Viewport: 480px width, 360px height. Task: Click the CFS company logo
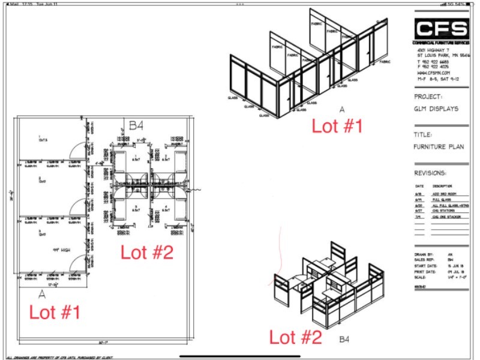pyautogui.click(x=441, y=29)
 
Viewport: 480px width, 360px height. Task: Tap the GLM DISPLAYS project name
pyautogui.click(x=436, y=109)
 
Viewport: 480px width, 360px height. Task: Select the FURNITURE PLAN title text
pyautogui.click(x=439, y=146)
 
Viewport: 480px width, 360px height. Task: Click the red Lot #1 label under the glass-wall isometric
pyautogui.click(x=337, y=127)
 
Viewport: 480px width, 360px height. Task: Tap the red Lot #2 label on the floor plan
pyautogui.click(x=147, y=252)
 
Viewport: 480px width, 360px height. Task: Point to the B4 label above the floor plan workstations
pyautogui.click(x=136, y=126)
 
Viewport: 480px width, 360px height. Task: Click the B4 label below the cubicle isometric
pyautogui.click(x=344, y=340)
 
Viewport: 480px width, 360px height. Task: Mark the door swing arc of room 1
pyautogui.click(x=75, y=150)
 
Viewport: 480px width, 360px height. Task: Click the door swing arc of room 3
pyautogui.click(x=76, y=261)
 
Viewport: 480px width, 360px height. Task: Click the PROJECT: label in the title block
pyautogui.click(x=428, y=96)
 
